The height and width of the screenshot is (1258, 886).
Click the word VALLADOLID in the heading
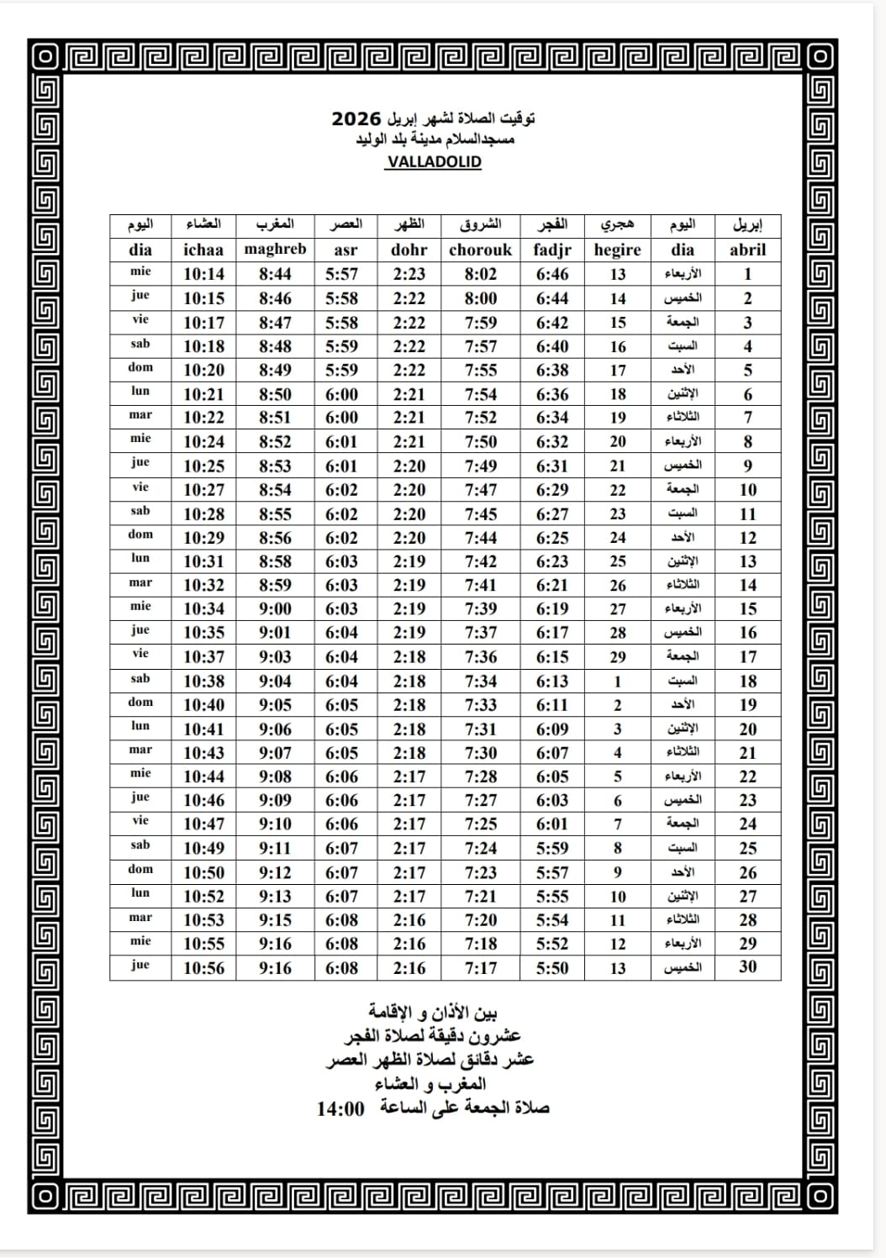coord(434,162)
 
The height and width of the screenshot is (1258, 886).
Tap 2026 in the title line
coord(356,118)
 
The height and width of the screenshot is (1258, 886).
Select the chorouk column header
coord(480,250)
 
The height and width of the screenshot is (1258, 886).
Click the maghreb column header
coord(275,249)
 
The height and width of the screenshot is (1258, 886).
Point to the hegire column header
coord(617,250)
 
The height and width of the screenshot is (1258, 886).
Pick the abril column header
coord(747,250)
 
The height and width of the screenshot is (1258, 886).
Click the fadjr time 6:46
coord(552,274)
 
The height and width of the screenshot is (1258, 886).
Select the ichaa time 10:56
coord(204,968)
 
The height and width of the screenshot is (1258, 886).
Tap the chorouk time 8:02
coord(481,274)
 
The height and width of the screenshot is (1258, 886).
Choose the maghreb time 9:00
coord(275,609)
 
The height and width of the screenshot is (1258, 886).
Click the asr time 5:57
coord(341,274)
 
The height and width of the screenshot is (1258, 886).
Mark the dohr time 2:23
coord(409,274)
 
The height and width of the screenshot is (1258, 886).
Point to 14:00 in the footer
coord(340,1108)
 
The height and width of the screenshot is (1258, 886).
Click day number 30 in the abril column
coord(747,967)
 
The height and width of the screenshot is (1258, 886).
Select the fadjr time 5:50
coord(552,968)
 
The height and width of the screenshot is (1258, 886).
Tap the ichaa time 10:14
coord(204,274)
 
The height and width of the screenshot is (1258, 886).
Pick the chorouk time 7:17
coord(481,968)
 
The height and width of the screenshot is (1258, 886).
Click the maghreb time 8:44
coord(275,274)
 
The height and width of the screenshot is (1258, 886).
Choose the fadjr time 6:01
coord(552,824)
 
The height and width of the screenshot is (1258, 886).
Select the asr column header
coord(345,250)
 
